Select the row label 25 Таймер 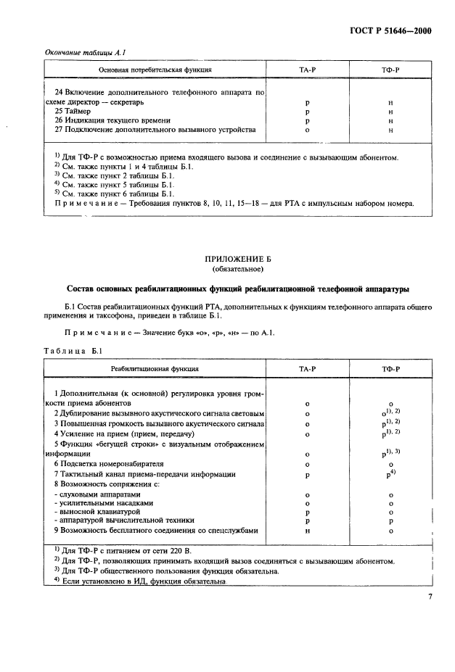click(74, 112)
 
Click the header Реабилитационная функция click(155, 370)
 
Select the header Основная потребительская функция click(155, 70)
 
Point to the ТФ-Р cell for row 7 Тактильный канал click(390, 473)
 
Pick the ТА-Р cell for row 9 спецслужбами click(308, 530)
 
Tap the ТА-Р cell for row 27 click(308, 130)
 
